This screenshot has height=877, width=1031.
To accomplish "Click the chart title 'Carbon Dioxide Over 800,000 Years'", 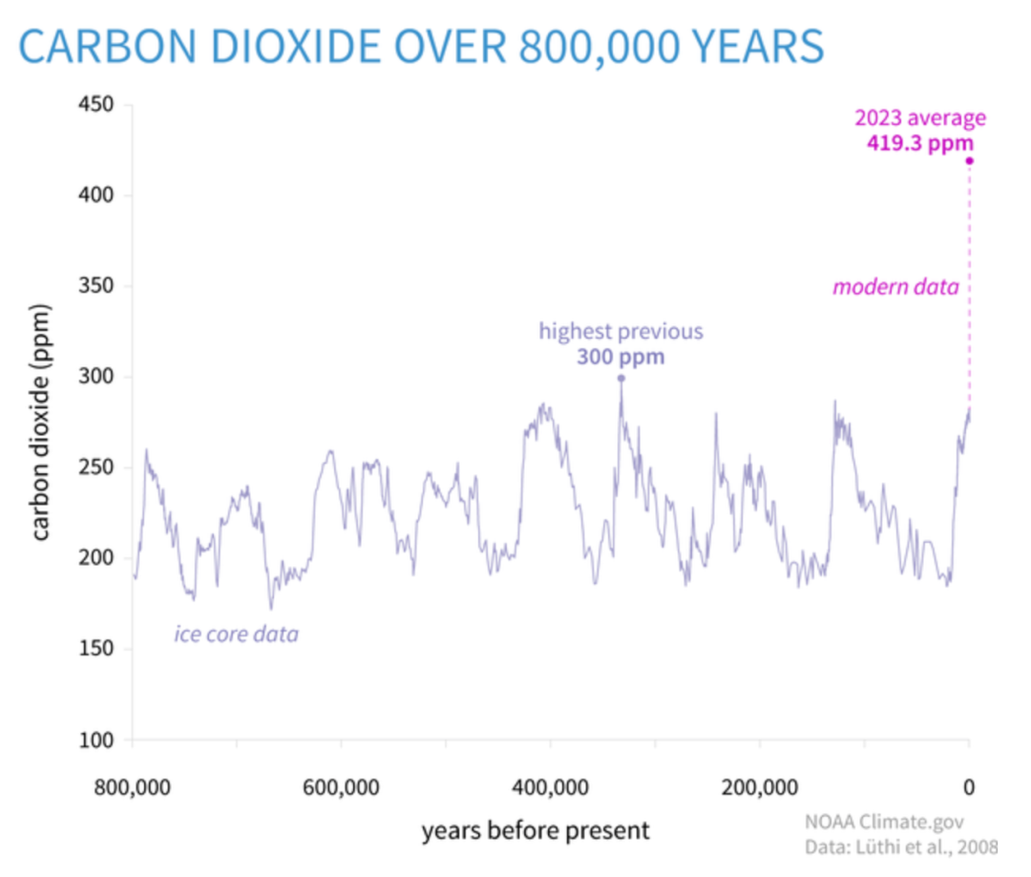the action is (x=421, y=46).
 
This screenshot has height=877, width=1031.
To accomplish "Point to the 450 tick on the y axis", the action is (x=96, y=104).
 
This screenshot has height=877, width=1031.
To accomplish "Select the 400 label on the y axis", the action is (x=96, y=195).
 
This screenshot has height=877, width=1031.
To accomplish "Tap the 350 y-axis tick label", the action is (x=96, y=285).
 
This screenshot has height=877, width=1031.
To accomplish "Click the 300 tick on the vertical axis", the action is (x=96, y=376).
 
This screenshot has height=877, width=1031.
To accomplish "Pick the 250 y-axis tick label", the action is (x=96, y=467).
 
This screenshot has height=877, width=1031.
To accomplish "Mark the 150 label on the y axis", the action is (x=96, y=648).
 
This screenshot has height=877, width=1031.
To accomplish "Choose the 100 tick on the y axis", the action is (x=96, y=740).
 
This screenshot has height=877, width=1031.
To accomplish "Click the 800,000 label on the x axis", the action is (x=132, y=787).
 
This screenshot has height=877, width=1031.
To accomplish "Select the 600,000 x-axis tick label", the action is (x=341, y=787).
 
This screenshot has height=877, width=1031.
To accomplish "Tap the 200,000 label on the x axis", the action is (x=760, y=787).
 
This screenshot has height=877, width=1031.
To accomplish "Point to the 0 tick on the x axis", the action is (x=969, y=787).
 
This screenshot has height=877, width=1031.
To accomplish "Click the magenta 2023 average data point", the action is (x=969, y=161).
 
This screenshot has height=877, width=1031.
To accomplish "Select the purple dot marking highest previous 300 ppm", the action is (x=621, y=378).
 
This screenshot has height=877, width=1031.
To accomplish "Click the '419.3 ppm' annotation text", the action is (x=920, y=142).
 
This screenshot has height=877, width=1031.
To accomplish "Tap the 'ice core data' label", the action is (x=236, y=634).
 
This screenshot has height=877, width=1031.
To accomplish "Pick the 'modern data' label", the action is (x=895, y=286).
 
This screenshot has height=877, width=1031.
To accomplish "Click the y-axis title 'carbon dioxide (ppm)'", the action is (x=41, y=422).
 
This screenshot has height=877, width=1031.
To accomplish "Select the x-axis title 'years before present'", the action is (x=536, y=830).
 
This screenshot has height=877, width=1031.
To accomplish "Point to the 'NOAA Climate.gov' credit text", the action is (x=884, y=822).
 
